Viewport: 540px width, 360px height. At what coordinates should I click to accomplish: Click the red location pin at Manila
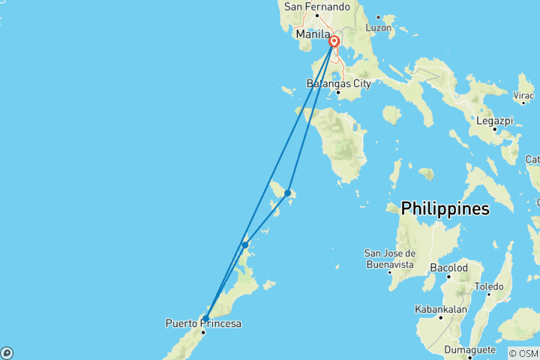pos(334,42)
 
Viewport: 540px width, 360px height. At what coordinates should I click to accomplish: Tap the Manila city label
pos(313,34)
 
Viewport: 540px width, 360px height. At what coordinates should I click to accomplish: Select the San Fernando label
pos(317,7)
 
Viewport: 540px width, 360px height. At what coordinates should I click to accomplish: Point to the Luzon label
pos(379,27)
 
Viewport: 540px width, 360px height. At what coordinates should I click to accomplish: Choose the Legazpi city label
pos(495,120)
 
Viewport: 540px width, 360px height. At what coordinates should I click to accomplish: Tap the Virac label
pos(523,97)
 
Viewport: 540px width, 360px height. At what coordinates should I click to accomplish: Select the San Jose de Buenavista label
pos(390,258)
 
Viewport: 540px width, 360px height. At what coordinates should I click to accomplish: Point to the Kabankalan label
pos(440,309)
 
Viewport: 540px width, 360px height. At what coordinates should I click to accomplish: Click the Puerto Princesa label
pos(204,324)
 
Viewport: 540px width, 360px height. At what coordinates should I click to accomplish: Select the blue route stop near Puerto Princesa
pos(205,318)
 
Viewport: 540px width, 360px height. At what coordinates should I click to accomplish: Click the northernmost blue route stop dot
pos(287,193)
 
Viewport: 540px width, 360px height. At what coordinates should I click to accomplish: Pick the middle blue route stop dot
pos(245,244)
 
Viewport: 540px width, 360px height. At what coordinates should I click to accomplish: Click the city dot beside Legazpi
pos(495,129)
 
